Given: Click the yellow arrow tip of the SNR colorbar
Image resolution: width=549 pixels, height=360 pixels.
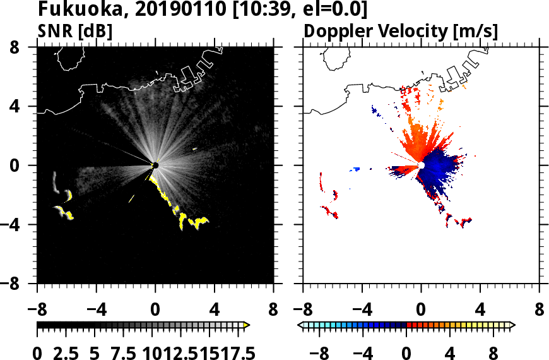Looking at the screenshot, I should click(x=247, y=325).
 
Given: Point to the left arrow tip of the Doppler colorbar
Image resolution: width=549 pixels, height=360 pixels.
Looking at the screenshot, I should click(x=300, y=325).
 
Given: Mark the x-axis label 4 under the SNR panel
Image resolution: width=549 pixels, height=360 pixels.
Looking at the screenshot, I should click(x=215, y=310).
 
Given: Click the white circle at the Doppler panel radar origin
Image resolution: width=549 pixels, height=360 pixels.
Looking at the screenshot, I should click(x=421, y=165).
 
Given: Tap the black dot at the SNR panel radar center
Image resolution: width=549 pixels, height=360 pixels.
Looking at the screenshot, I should click(x=155, y=165).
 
